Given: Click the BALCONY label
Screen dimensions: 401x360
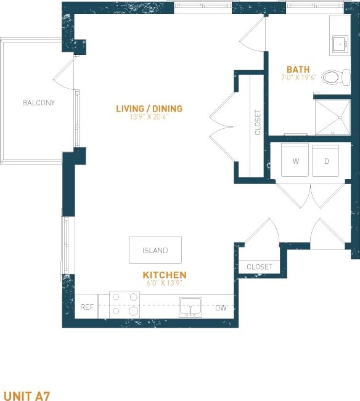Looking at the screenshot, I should [38, 103].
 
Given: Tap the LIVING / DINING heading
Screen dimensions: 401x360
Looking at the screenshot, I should [149, 109].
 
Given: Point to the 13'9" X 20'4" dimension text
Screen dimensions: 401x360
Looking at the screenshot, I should [149, 117].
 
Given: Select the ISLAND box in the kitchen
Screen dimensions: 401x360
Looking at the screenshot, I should [155, 250].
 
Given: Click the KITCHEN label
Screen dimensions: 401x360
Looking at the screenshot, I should [165, 275].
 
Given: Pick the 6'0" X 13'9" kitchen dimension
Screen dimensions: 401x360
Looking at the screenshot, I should [165, 283].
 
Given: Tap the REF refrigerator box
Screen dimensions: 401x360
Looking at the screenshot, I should [86, 307].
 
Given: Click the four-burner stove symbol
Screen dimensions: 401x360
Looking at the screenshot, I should [125, 304].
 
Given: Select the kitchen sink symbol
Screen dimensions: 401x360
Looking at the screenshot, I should [190, 306].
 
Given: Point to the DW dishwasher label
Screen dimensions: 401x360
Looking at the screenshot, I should [221, 307].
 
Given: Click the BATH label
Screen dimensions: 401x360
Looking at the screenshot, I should [298, 70].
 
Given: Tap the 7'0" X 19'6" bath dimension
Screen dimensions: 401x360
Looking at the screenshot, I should [298, 78].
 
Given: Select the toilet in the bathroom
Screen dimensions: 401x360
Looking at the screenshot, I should [333, 77].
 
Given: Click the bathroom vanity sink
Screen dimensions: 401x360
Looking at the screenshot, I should [339, 43].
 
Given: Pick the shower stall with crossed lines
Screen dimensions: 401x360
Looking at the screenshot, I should [333, 117].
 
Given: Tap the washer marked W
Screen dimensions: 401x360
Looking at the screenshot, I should [295, 161].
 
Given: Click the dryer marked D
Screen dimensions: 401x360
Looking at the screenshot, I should [325, 161].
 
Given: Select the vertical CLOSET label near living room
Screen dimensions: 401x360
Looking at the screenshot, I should [258, 123].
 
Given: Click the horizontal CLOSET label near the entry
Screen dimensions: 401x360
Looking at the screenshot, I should [259, 267].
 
